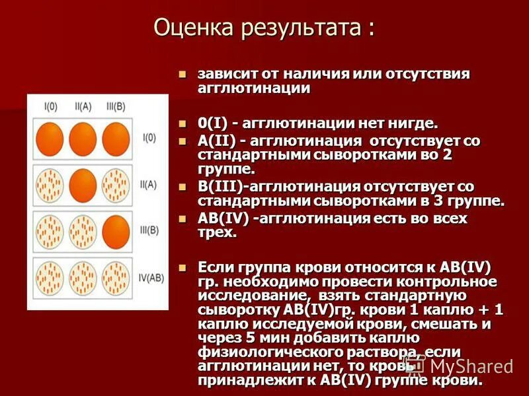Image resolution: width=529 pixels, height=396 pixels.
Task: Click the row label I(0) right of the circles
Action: pos(149,138)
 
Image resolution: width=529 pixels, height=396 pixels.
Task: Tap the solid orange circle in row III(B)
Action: pos(116,230)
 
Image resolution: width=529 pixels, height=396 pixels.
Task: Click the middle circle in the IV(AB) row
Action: pos(83,277)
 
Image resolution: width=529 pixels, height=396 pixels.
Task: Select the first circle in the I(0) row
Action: pos(50,138)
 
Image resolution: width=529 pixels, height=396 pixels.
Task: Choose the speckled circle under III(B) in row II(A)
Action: pos(116,184)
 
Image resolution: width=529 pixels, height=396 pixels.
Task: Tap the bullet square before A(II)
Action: pos(184,141)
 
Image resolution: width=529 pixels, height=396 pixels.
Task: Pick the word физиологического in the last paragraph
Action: pos(268,352)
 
